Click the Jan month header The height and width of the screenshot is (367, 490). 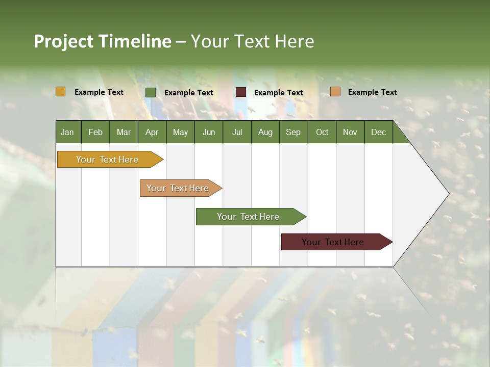tap(68, 132)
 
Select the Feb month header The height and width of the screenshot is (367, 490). tap(95, 132)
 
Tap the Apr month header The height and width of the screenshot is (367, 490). tap(152, 132)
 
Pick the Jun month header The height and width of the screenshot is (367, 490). tap(208, 132)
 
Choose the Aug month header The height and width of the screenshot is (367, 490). tap(265, 132)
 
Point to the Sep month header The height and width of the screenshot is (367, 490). tap(293, 132)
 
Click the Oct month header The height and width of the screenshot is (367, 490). tap(322, 132)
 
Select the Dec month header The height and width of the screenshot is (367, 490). tap(378, 132)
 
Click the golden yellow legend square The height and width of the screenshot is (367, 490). tap(61, 92)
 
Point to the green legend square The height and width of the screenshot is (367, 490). tap(151, 92)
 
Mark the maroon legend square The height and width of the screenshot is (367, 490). tap(241, 92)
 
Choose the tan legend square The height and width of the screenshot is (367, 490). tap(335, 92)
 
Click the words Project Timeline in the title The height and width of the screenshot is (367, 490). tap(103, 41)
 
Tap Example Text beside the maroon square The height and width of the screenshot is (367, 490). tap(278, 93)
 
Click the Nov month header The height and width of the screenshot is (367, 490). tap(350, 132)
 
